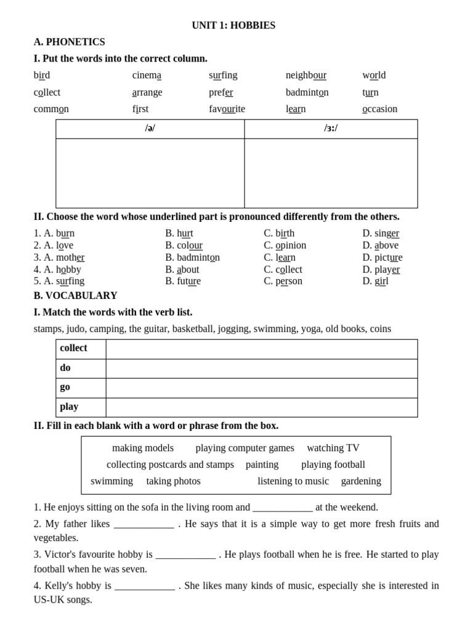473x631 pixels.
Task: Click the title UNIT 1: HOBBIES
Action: tap(233, 25)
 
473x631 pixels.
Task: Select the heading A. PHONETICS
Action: tap(69, 42)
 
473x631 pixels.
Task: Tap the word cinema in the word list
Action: tap(147, 75)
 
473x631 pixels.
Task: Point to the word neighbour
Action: tap(305, 75)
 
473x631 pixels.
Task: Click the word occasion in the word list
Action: tap(379, 109)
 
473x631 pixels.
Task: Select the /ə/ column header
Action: tap(150, 128)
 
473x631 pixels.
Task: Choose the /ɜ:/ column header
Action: tap(331, 128)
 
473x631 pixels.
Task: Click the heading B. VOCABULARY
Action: tap(75, 296)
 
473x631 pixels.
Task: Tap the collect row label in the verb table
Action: tap(73, 348)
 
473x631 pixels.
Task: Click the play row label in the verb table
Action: tap(69, 407)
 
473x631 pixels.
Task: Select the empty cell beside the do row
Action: tap(261, 368)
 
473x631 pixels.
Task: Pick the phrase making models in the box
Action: tap(143, 448)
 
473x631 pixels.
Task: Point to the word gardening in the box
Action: tap(361, 481)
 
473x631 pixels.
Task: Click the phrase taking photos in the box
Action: tap(173, 481)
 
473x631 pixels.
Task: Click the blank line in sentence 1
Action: tap(282, 508)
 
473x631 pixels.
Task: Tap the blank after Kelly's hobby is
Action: tap(144, 586)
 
